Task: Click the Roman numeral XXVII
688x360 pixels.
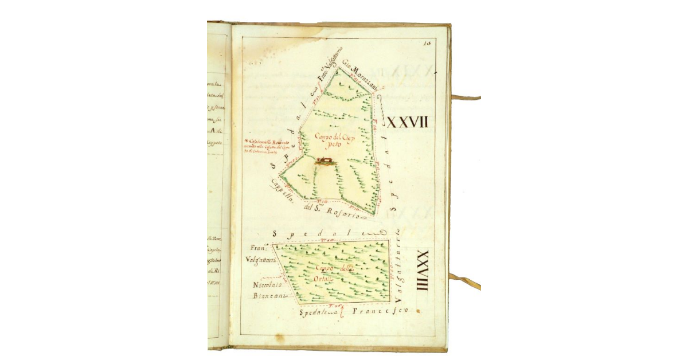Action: point(409,122)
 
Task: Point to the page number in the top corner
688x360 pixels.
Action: point(427,42)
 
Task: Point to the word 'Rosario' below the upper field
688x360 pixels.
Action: point(343,214)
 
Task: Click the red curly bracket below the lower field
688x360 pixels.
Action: point(342,312)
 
